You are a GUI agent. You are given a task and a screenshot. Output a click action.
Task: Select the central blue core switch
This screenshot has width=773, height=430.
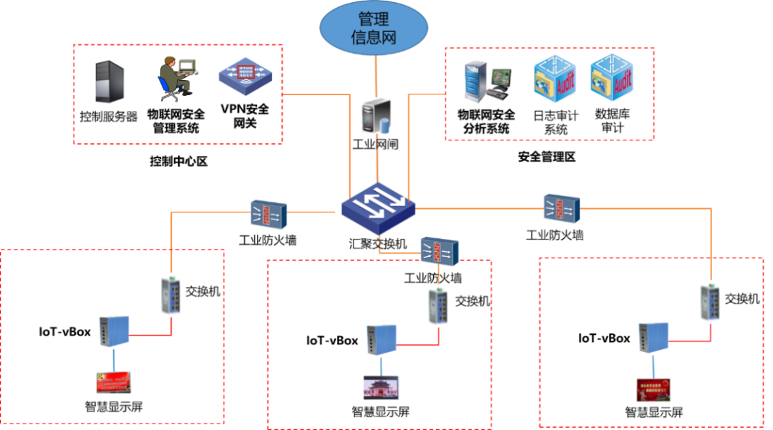click(378, 206)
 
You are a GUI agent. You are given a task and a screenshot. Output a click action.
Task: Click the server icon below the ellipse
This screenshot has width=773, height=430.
click(376, 114)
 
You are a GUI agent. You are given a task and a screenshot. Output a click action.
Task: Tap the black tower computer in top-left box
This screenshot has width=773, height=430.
click(110, 81)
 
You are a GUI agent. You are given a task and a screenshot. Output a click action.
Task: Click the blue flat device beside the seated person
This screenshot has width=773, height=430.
click(245, 75)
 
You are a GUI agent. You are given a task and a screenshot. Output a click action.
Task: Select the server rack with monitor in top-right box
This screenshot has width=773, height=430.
click(489, 82)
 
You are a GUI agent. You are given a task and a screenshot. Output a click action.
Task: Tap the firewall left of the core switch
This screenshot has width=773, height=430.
click(268, 214)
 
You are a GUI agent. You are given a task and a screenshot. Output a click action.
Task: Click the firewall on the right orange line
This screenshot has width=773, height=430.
click(561, 207)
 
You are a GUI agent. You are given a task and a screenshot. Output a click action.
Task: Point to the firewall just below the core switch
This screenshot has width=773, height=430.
click(439, 250)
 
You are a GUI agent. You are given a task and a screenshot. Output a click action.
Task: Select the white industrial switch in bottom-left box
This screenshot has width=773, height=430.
click(171, 295)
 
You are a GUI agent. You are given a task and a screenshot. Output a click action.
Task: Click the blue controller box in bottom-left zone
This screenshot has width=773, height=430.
click(114, 332)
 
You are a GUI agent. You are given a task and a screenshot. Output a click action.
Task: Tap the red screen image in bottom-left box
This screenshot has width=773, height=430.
click(114, 382)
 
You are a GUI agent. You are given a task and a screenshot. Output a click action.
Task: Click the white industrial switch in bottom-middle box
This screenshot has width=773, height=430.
click(439, 306)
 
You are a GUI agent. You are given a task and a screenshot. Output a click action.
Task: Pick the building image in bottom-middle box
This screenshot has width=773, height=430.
click(381, 387)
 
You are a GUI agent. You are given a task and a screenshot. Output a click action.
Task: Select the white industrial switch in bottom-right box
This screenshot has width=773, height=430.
click(710, 302)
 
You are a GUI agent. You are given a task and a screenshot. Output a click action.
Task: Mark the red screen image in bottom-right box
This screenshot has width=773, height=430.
click(653, 389)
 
